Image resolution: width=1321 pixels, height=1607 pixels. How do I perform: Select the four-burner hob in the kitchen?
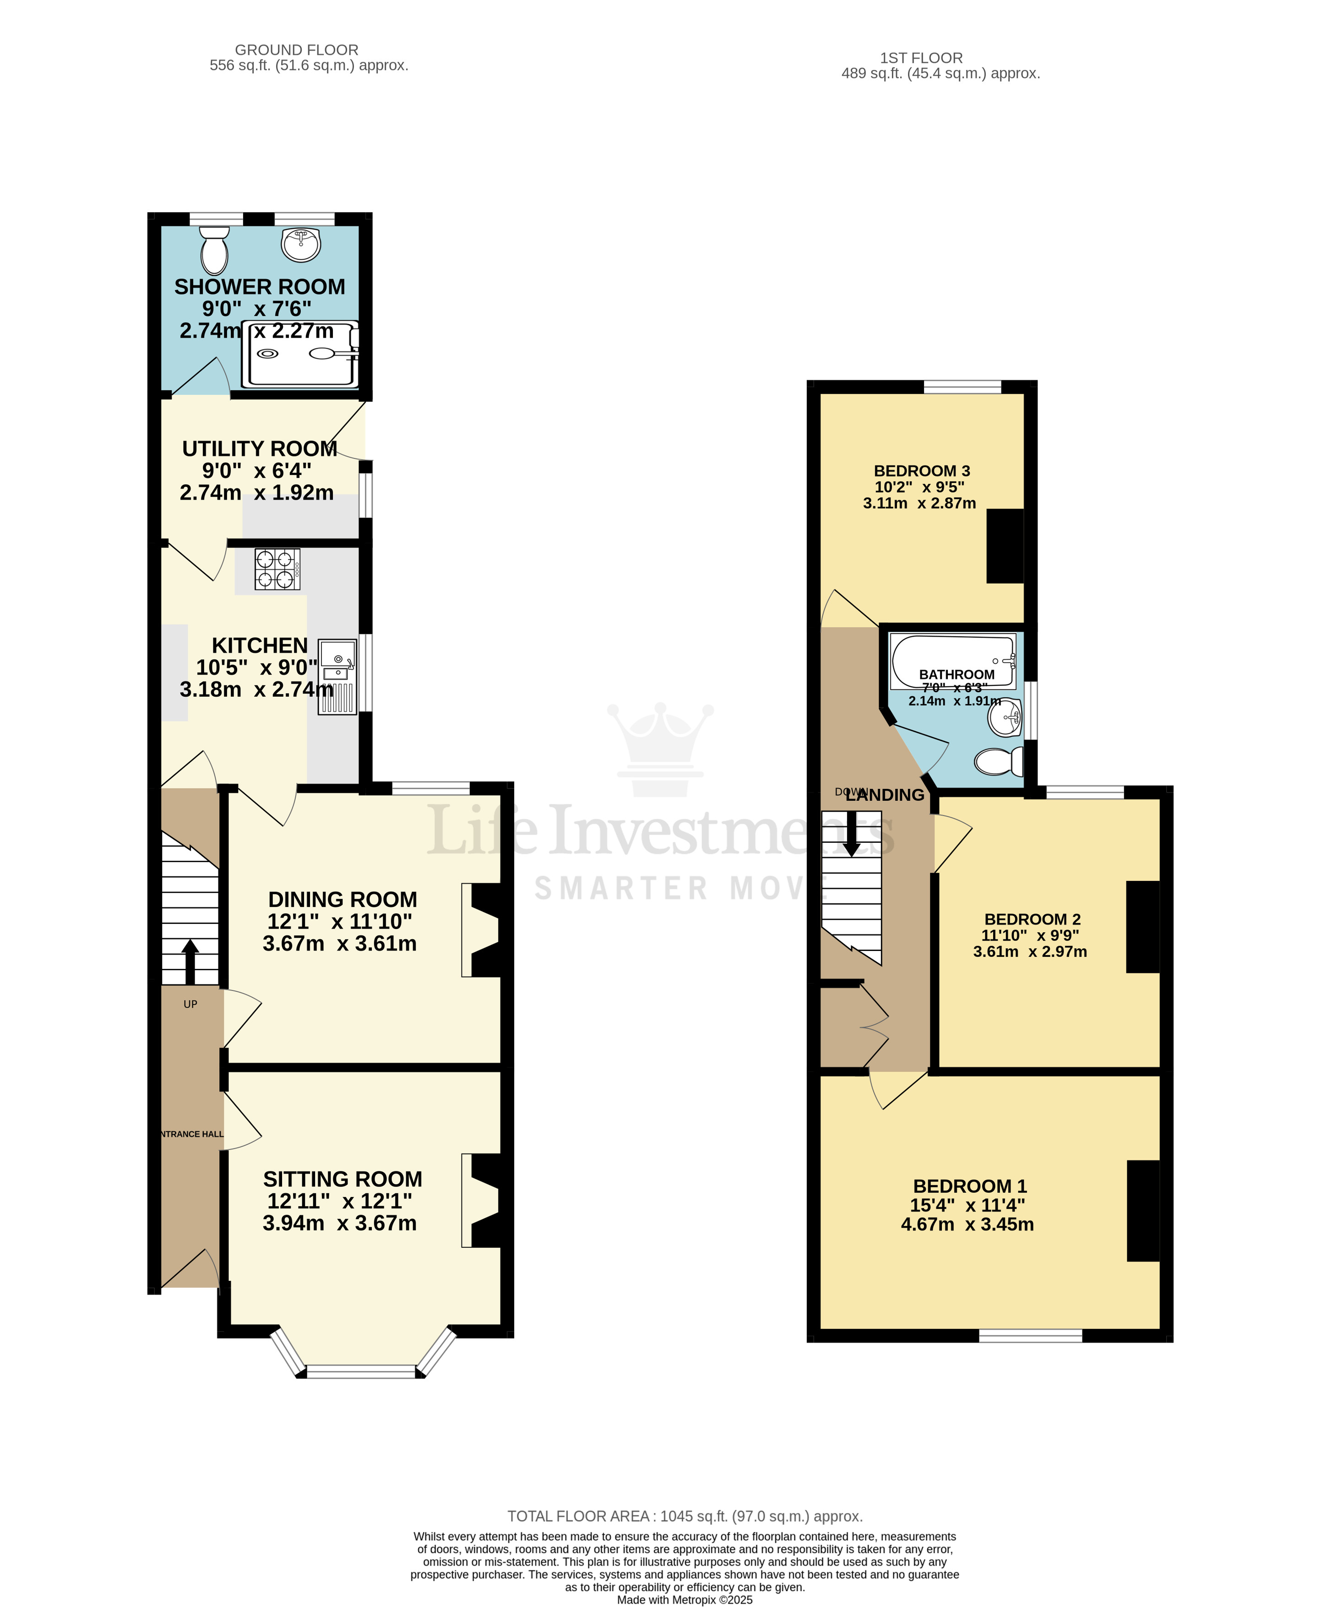(x=277, y=569)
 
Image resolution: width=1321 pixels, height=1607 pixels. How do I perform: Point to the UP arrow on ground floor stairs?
(x=190, y=961)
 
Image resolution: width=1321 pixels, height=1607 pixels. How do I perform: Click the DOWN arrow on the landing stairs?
(x=852, y=833)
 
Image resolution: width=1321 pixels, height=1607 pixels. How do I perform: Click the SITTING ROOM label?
(x=342, y=1179)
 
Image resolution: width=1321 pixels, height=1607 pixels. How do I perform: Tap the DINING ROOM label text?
(x=342, y=900)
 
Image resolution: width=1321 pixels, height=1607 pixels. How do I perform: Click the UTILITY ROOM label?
(x=260, y=449)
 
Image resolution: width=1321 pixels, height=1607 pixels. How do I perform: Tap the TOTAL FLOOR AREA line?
(x=685, y=1516)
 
